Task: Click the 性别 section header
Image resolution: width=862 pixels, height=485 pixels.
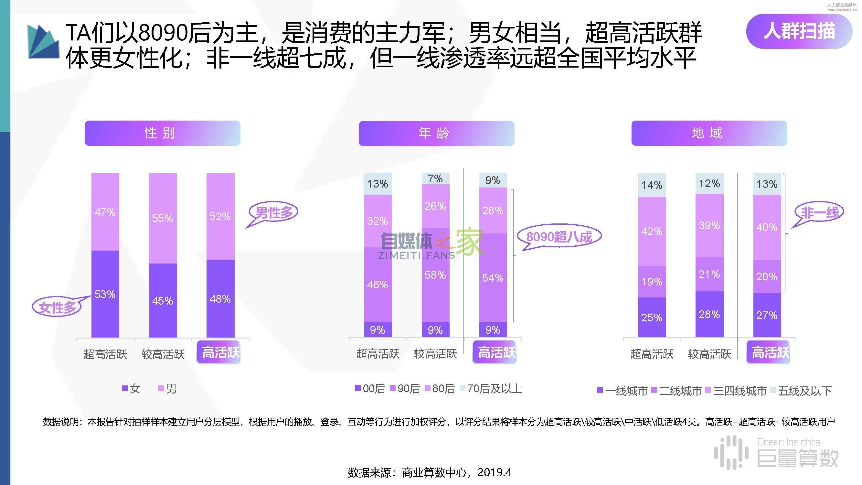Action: pyautogui.click(x=162, y=133)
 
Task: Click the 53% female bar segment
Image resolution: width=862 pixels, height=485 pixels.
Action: pyautogui.click(x=105, y=294)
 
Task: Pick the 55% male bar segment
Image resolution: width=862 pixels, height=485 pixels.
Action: pyautogui.click(x=163, y=218)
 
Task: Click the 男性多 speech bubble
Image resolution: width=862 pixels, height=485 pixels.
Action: pyautogui.click(x=273, y=212)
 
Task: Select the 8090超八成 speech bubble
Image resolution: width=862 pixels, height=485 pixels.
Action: pyautogui.click(x=559, y=237)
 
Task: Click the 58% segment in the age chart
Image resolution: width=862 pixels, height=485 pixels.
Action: pyautogui.click(x=435, y=275)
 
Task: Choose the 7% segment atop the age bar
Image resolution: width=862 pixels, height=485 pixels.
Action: pyautogui.click(x=435, y=179)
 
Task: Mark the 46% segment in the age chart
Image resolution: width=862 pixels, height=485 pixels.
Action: pyautogui.click(x=378, y=285)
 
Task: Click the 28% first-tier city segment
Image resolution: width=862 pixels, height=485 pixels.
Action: pyautogui.click(x=709, y=314)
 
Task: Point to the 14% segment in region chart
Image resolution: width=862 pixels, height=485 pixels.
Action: pyautogui.click(x=652, y=185)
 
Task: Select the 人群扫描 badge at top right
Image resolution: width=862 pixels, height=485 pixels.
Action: pyautogui.click(x=799, y=31)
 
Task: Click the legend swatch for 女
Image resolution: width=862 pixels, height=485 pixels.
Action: pyautogui.click(x=124, y=389)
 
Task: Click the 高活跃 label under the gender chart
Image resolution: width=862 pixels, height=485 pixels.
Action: pyautogui.click(x=219, y=352)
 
